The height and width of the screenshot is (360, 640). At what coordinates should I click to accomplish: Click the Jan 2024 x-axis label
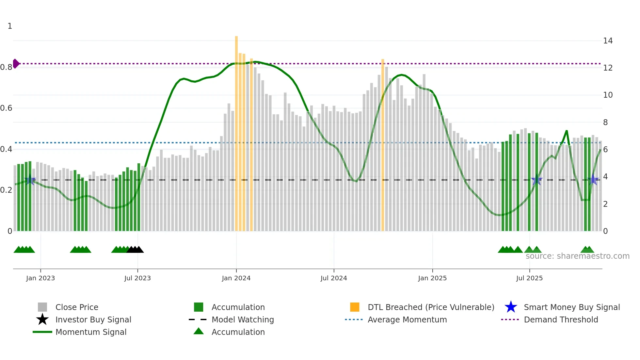pos(236,278)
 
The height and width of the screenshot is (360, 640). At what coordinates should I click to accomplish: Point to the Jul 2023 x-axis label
pos(137,278)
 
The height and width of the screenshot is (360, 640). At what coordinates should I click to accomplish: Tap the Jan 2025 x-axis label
pos(432,278)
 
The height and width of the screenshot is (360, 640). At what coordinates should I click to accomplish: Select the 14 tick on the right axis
pos(608,41)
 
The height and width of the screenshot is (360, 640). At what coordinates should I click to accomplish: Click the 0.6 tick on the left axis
pos(6,108)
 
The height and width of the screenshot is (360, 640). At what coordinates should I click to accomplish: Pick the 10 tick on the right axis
pos(608,95)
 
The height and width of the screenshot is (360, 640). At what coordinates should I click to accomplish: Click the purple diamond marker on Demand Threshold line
pos(16,64)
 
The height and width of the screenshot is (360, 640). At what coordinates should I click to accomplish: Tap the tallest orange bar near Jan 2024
pos(236,131)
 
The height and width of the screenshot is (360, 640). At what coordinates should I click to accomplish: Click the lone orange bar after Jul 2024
pos(383,144)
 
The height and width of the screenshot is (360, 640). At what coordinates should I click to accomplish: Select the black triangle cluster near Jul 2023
pos(135,250)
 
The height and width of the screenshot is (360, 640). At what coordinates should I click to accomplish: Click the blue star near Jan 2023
pos(30,180)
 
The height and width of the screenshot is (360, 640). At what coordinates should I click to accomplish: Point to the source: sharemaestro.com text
pos(577,256)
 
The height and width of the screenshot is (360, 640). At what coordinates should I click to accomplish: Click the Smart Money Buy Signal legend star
pos(511,307)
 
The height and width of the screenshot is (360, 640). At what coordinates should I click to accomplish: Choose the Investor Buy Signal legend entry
pos(93,319)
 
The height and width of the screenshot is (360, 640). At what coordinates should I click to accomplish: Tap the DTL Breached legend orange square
pos(355,307)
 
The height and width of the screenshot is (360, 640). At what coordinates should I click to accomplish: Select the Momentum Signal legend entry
pos(91,332)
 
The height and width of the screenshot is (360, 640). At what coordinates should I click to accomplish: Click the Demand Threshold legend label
pos(561,319)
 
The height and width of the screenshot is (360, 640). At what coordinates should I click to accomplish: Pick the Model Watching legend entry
pos(242,319)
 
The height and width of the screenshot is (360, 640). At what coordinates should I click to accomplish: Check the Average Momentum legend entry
pos(407,319)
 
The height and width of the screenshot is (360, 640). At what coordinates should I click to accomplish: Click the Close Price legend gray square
pos(42,307)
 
